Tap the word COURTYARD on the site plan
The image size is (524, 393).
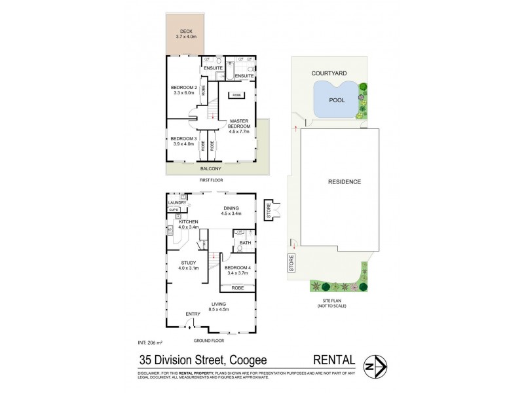click(x=328, y=75)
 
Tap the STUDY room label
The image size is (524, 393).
click(x=189, y=264)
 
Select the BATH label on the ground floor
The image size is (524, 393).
click(x=245, y=242)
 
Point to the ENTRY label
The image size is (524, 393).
click(x=193, y=314)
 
